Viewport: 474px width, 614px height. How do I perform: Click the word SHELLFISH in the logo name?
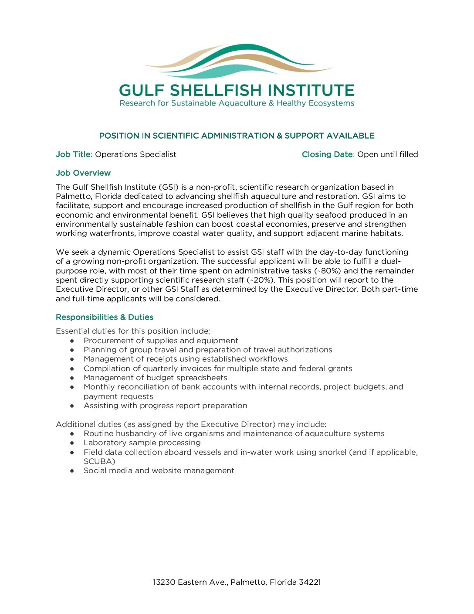coord(216,90)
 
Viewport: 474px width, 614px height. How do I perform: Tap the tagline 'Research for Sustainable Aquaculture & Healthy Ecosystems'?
coord(237,103)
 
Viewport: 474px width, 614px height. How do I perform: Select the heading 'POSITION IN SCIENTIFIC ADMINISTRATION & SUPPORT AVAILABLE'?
coord(237,136)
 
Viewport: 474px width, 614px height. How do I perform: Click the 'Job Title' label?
coord(73,154)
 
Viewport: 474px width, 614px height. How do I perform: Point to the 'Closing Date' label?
coord(327,154)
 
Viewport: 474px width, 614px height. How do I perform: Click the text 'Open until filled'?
coord(387,154)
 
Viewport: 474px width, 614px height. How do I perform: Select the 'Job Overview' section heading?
coord(83,173)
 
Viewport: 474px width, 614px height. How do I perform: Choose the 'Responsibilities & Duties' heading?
coord(105,317)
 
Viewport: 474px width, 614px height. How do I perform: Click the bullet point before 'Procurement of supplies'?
coord(72,341)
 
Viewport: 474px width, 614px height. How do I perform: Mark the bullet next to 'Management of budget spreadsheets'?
coord(72,378)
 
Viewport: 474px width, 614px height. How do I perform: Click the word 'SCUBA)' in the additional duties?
coord(99,461)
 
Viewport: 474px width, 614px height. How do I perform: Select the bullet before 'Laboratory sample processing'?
coord(72,443)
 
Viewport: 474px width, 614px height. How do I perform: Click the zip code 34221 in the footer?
coord(310,582)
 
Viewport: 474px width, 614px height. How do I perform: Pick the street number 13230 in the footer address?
coord(164,582)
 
